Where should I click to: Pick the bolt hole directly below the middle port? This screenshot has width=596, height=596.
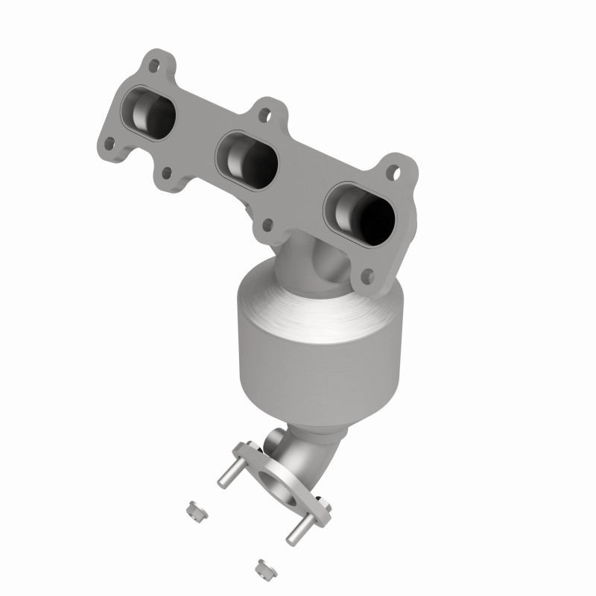click(266, 222)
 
